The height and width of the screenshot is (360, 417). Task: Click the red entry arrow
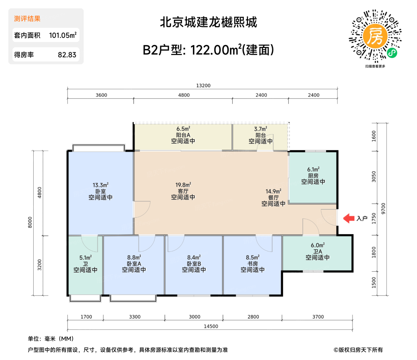(349, 218)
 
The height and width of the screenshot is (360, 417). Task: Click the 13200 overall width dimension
(203, 85)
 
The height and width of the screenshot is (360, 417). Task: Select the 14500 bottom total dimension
(211, 326)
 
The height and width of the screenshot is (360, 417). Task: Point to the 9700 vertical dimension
(383, 208)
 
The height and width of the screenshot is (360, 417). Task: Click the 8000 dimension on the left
(30, 222)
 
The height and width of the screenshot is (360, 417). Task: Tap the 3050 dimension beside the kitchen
(374, 177)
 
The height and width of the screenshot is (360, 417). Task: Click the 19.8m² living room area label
(183, 185)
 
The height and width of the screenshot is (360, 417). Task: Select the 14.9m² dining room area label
(273, 191)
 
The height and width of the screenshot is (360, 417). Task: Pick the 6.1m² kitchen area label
(313, 169)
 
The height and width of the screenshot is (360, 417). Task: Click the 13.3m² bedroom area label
(101, 185)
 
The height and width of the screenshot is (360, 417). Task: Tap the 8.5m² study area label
(253, 257)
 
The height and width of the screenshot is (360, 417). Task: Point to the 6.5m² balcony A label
(183, 129)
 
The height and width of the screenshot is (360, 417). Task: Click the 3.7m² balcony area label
(261, 129)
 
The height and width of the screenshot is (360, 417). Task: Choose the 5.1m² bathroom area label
(85, 258)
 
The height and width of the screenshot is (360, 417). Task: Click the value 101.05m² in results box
(63, 35)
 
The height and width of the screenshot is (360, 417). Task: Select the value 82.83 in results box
(67, 55)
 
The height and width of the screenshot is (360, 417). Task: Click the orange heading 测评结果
(27, 19)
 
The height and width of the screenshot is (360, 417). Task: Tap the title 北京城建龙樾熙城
(208, 22)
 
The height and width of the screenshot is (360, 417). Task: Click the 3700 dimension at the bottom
(318, 317)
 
